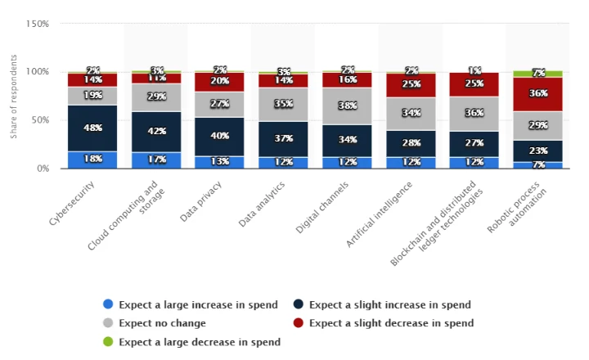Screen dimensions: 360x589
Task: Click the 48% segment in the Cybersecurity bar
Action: point(92,128)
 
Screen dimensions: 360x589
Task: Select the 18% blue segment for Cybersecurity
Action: point(92,160)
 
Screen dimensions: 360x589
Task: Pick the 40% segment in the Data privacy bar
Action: point(219,136)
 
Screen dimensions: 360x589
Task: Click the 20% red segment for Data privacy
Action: point(219,82)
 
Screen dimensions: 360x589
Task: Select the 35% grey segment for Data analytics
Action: point(283,105)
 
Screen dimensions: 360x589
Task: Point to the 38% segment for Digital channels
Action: point(347,106)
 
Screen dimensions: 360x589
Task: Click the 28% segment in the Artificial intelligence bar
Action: point(411,143)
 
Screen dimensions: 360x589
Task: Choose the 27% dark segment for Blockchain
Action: point(474,143)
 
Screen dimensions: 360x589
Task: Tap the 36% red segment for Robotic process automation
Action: point(538,94)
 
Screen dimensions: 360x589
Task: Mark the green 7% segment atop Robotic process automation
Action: point(538,74)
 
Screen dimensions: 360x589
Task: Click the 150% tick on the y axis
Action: point(38,24)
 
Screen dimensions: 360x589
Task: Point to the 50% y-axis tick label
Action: point(40,120)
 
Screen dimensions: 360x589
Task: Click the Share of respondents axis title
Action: point(14,97)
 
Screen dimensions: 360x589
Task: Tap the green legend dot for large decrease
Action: point(108,342)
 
